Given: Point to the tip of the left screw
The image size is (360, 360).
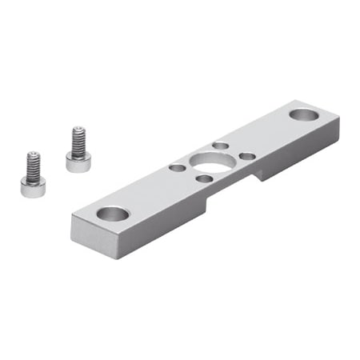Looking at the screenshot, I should click(33, 154).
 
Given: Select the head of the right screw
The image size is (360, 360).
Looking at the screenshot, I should click(78, 163).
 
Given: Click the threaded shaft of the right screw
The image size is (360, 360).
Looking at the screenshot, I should click(78, 142).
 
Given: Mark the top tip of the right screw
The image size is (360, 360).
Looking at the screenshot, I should click(78, 128).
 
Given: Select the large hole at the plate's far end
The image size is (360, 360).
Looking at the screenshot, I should click(304, 114).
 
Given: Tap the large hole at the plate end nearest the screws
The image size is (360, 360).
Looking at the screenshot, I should click(113, 214).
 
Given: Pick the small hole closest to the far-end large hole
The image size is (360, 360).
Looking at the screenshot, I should click(248, 156).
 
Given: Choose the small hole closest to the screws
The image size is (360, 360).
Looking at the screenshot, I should click(177, 168).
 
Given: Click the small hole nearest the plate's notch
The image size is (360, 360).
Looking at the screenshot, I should click(206, 178).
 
